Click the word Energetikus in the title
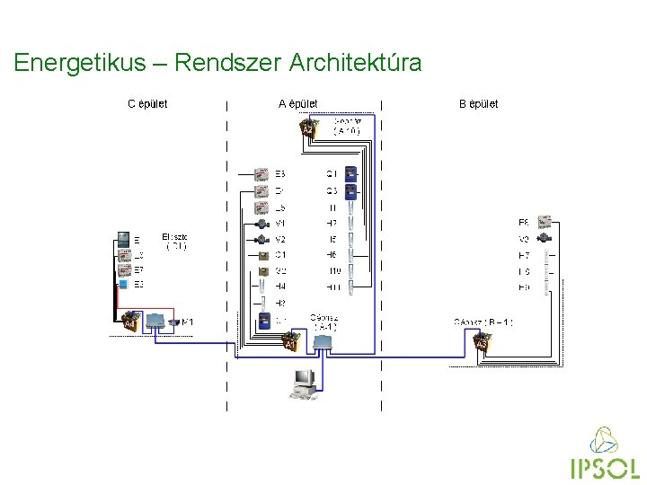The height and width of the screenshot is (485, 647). [79, 63]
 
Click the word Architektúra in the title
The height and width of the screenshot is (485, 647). [355, 63]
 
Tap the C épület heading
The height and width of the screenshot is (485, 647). [147, 104]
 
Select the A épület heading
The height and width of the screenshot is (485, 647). [297, 104]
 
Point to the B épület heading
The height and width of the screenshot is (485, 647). [478, 104]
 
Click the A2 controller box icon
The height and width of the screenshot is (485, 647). [308, 129]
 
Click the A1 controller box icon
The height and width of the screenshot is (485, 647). [289, 342]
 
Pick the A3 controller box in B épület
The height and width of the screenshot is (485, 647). [481, 342]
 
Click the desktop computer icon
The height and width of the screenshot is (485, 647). [301, 383]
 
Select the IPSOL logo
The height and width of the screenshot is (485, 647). [604, 455]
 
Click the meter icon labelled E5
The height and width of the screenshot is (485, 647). [261, 173]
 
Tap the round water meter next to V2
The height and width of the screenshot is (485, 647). [261, 240]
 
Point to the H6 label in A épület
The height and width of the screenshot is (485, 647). [332, 255]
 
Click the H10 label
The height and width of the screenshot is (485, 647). [333, 271]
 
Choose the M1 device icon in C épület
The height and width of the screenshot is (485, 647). [174, 321]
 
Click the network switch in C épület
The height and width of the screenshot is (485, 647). [153, 320]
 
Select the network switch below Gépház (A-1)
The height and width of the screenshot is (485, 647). [322, 342]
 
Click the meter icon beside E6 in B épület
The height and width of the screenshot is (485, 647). [545, 223]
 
